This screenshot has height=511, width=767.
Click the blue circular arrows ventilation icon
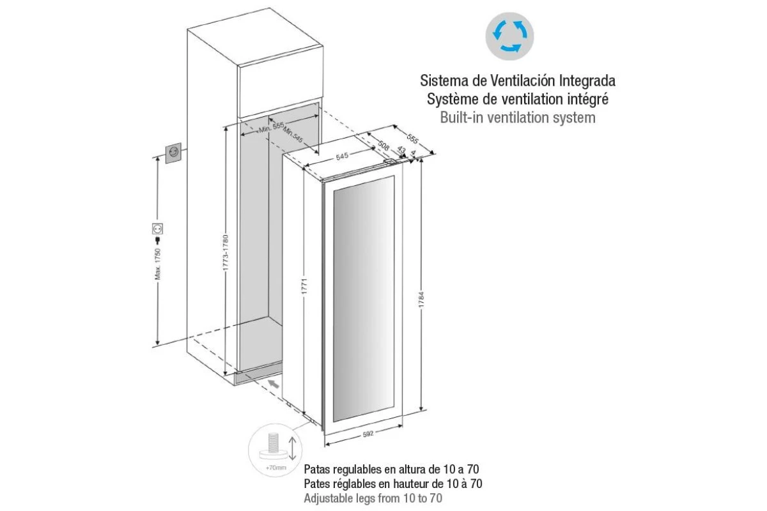pyautogui.click(x=509, y=36)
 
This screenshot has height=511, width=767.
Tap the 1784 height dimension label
pyautogui.click(x=421, y=300)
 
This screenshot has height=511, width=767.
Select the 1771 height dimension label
pyautogui.click(x=304, y=286)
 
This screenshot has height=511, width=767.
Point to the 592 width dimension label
pyautogui.click(x=368, y=434)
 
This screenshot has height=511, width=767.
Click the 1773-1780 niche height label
pyautogui.click(x=226, y=252)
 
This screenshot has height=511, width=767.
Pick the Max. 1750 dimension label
pyautogui.click(x=157, y=264)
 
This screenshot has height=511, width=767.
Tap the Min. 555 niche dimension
pyautogui.click(x=272, y=127)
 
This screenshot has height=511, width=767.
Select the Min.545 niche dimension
pyautogui.click(x=293, y=135)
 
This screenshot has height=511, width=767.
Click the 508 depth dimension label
pyautogui.click(x=383, y=146)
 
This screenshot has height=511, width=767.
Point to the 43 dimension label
pyautogui.click(x=401, y=149)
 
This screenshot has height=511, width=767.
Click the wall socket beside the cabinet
pyautogui.click(x=174, y=153)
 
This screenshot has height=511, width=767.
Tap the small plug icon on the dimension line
pyautogui.click(x=157, y=240)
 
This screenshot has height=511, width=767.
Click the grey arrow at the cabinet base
pyautogui.click(x=274, y=384)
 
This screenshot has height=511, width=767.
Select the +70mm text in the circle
pyautogui.click(x=276, y=468)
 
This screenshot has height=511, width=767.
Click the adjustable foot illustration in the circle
pyautogui.click(x=273, y=446)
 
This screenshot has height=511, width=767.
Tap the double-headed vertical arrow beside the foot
pyautogui.click(x=292, y=448)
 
